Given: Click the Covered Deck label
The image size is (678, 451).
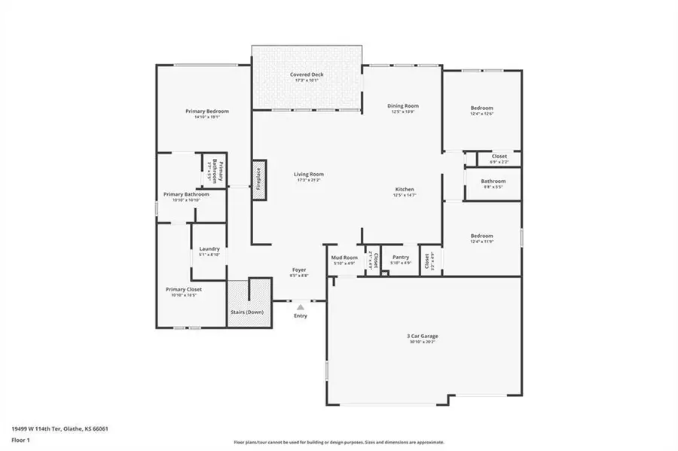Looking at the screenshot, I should [x=307, y=75].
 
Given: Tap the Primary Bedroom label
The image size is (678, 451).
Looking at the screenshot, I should [x=207, y=111].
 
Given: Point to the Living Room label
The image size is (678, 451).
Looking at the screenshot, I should [x=309, y=175].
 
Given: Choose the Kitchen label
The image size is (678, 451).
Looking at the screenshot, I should [x=404, y=189].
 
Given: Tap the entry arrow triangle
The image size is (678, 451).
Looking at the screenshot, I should [x=301, y=306].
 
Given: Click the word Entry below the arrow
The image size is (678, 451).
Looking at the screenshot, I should [x=301, y=315].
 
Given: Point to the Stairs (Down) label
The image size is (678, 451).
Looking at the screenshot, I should [x=247, y=311].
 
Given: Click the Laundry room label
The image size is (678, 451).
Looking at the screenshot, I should [x=209, y=249].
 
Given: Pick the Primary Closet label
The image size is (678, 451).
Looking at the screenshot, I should [x=184, y=289].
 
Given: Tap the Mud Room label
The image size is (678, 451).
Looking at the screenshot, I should [x=344, y=257].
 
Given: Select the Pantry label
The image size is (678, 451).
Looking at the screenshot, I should [x=401, y=257].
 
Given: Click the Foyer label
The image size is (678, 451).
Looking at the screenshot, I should [x=299, y=270].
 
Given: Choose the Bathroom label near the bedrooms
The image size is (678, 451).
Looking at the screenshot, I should [x=493, y=181].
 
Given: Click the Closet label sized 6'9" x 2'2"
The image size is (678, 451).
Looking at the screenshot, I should [x=499, y=156].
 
